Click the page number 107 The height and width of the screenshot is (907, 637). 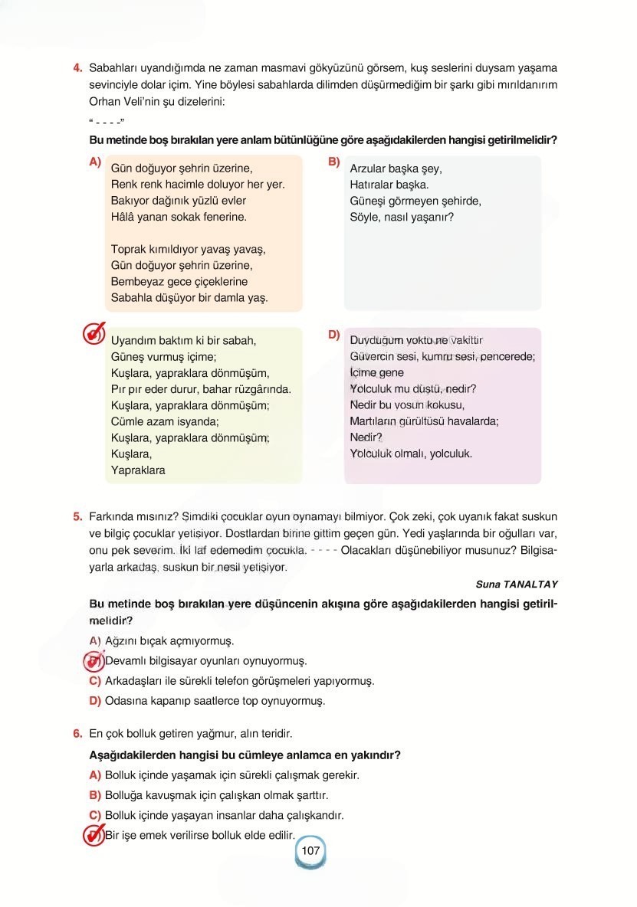click(310, 851)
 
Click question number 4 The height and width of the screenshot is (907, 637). click(77, 67)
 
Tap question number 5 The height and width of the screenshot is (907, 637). click(77, 516)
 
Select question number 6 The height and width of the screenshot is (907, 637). click(77, 734)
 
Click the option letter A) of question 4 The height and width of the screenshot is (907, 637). click(95, 162)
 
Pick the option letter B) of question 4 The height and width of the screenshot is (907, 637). click(333, 162)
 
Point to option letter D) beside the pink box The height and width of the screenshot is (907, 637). click(333, 335)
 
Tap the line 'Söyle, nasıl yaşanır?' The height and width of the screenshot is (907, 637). click(402, 217)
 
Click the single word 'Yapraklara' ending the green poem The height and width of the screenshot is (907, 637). click(138, 470)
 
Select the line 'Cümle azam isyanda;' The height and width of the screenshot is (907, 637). click(165, 421)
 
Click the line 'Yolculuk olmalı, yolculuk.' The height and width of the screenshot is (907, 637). click(411, 453)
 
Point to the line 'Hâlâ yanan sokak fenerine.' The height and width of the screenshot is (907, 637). click(179, 217)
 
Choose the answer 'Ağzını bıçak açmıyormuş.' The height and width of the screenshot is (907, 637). click(169, 640)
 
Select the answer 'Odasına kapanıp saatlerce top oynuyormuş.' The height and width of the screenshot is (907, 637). click(215, 700)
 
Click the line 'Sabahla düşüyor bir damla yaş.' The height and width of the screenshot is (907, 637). click(189, 298)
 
